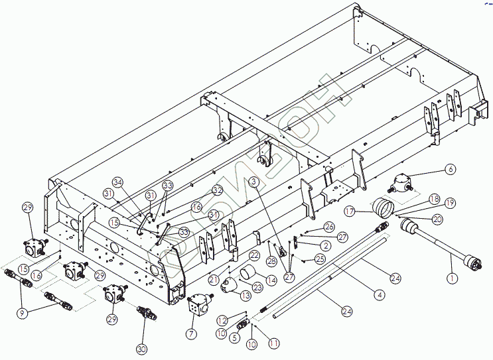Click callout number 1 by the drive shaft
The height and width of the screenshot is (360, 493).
(x=452, y=279)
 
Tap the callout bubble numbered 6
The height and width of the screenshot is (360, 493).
(x=451, y=170)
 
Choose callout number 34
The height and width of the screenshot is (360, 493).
(x=118, y=182)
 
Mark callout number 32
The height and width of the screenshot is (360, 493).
(x=217, y=190)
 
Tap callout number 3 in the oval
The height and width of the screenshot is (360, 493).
(x=254, y=182)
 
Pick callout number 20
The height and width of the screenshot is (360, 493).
(x=437, y=219)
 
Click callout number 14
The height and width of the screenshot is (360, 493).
(x=270, y=280)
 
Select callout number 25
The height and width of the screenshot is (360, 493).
(x=320, y=258)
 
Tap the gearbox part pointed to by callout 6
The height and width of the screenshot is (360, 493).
(x=403, y=183)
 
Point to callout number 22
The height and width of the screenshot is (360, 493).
(x=254, y=256)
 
